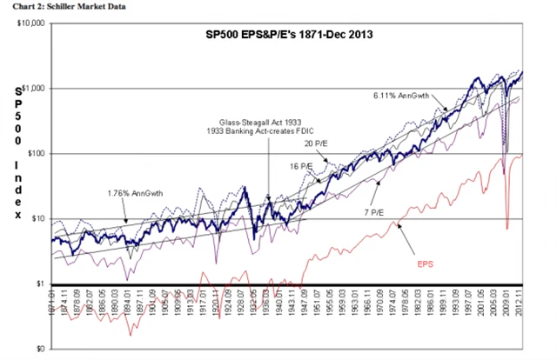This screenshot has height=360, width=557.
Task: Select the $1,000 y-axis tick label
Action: click(31, 88)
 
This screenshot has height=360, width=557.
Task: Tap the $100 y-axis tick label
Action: click(34, 153)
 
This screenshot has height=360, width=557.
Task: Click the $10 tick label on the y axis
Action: click(36, 218)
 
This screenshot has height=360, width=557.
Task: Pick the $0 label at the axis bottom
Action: click(38, 349)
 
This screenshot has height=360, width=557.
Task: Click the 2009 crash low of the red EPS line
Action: click(507, 228)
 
